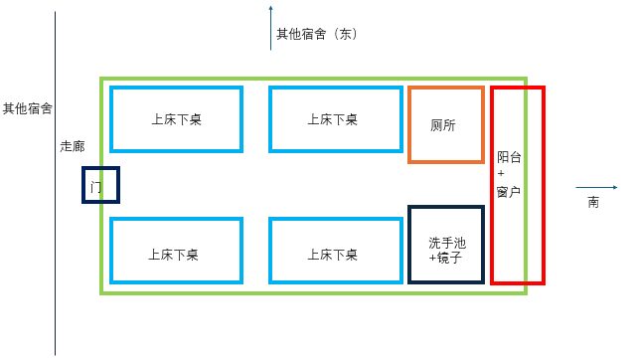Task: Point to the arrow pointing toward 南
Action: pyautogui.click(x=596, y=187)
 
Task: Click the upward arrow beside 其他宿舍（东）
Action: pyautogui.click(x=271, y=28)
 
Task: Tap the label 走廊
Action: pyautogui.click(x=73, y=146)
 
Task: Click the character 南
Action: pyautogui.click(x=593, y=202)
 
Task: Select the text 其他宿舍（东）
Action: pyautogui.click(x=317, y=34)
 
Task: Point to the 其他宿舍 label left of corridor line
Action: pyautogui.click(x=28, y=108)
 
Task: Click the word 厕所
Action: pyautogui.click(x=442, y=125)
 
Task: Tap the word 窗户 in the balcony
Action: pyautogui.click(x=509, y=192)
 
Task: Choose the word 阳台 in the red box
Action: pyautogui.click(x=509, y=157)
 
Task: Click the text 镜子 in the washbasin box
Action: pyautogui.click(x=449, y=258)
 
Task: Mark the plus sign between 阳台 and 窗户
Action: pyautogui.click(x=501, y=173)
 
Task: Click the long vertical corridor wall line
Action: pyautogui.click(x=55, y=184)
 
